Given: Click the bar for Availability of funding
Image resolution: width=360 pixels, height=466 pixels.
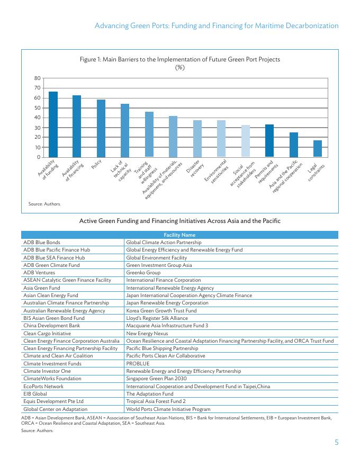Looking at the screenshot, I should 53,124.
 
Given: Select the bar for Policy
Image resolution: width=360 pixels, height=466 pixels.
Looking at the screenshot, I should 101,129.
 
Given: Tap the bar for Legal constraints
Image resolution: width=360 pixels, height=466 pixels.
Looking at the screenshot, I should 318,149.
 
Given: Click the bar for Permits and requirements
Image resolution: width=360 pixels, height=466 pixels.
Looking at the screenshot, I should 269,141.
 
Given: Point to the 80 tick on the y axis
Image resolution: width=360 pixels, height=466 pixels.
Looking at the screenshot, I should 38,78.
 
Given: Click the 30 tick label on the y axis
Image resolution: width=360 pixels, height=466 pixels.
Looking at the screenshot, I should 38,128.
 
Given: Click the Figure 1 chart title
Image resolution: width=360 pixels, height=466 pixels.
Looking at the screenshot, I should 180,63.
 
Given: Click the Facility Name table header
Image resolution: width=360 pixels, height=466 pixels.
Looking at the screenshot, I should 179,235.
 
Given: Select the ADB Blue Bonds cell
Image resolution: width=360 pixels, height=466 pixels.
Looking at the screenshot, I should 42,242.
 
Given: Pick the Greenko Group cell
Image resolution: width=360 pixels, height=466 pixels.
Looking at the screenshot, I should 143,273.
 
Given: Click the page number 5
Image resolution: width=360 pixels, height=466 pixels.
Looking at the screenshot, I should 336,443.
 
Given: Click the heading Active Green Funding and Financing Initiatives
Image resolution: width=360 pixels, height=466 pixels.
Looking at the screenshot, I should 179,220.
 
